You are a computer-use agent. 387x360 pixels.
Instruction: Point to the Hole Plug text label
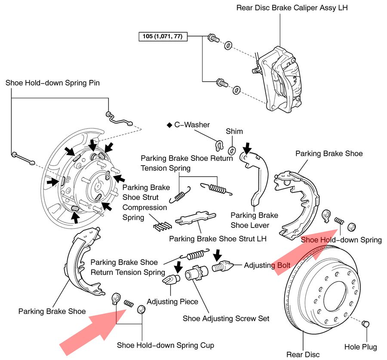tap(360, 347)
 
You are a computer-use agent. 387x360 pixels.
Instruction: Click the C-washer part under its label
tap(219, 145)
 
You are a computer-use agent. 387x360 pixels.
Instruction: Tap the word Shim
tap(234, 132)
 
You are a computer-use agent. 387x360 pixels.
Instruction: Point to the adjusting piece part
tap(171, 280)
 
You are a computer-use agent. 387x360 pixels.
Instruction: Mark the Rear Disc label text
tap(303, 354)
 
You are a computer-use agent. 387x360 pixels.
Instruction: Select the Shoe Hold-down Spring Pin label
tap(52, 83)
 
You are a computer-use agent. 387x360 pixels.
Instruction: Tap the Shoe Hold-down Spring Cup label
tap(165, 345)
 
